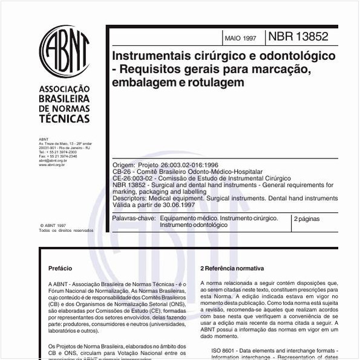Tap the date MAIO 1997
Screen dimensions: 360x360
click(x=240, y=38)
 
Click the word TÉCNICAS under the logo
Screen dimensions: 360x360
click(x=64, y=119)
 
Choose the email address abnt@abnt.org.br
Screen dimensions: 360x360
click(x=53, y=160)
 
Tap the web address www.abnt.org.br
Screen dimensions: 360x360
click(x=53, y=164)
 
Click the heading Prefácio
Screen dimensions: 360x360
click(x=60, y=268)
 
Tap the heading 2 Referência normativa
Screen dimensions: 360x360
click(x=232, y=268)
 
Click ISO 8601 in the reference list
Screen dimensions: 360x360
click(x=225, y=350)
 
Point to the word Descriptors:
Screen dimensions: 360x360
click(x=130, y=198)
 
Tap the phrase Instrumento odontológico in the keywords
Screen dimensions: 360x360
click(x=194, y=224)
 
